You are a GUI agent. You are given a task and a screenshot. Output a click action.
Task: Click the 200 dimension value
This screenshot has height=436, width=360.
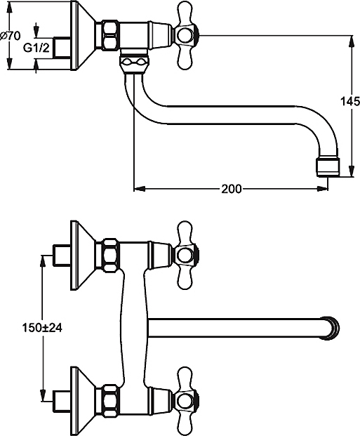click(x=232, y=189)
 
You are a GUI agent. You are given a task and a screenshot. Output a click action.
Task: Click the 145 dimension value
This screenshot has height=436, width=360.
click(x=349, y=101)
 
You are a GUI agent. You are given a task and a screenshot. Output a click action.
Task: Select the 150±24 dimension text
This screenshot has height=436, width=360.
click(x=42, y=328)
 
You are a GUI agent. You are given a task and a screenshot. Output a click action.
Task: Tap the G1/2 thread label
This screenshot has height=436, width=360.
click(x=36, y=48)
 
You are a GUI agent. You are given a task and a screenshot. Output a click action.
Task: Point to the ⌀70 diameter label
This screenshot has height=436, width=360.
click(x=11, y=36)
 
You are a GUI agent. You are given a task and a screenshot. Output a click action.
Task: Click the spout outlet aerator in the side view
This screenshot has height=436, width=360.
click(x=328, y=167)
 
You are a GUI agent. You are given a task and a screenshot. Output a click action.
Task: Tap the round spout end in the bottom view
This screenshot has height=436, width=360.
click(x=331, y=328)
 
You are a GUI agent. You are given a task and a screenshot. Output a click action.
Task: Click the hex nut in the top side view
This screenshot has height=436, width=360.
click(x=111, y=35)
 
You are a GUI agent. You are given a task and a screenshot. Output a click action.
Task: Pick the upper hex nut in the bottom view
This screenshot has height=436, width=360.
click(x=111, y=255)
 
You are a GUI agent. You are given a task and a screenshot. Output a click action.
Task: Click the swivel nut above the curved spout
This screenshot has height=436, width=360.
click(x=134, y=64)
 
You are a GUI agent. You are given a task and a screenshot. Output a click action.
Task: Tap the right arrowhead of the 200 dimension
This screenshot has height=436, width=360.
click(x=323, y=189)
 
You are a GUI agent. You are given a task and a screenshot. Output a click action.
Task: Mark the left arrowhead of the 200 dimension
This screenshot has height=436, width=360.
click(x=140, y=189)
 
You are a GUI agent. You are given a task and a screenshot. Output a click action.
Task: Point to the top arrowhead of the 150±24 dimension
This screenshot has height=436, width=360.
click(x=42, y=260)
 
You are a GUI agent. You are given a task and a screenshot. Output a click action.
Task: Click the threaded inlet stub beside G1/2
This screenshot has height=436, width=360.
click(x=62, y=48)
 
